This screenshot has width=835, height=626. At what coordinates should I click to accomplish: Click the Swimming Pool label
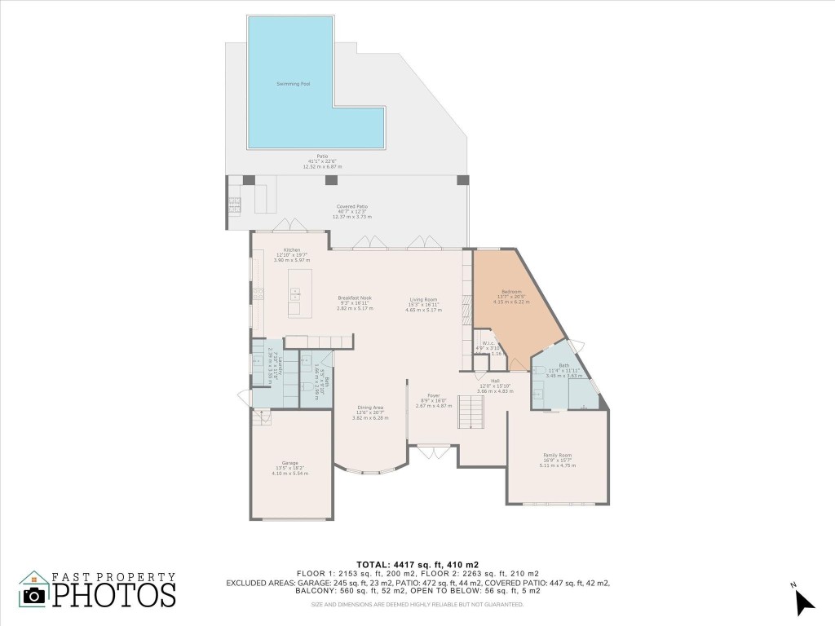[293, 84]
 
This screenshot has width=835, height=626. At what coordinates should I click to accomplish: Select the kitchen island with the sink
[294, 301]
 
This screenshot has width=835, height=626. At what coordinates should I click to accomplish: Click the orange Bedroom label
[511, 291]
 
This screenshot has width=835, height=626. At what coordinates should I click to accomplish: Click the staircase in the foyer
[471, 412]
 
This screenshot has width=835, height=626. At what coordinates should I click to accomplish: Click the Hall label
[495, 381]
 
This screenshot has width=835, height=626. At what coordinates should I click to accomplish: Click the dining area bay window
[371, 469]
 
